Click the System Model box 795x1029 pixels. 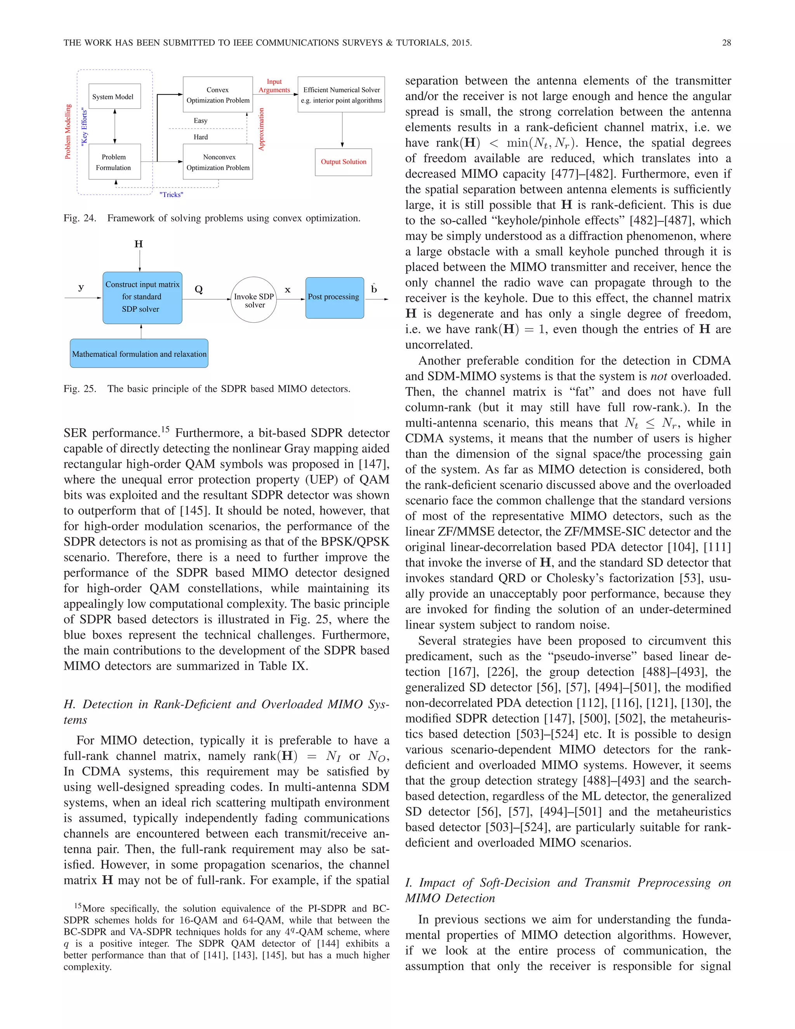pyautogui.click(x=115, y=97)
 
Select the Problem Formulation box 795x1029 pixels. pyautogui.click(x=115, y=162)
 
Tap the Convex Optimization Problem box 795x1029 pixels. pyautogui.click(x=218, y=95)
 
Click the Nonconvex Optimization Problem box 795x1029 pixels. pyautogui.click(x=218, y=162)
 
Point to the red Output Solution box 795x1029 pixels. pyautogui.click(x=343, y=162)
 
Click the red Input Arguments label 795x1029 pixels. pyautogui.click(x=274, y=86)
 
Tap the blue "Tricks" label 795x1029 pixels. pyautogui.click(x=172, y=195)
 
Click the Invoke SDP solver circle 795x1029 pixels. pyautogui.click(x=254, y=300)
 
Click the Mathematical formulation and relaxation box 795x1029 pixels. pyautogui.click(x=139, y=354)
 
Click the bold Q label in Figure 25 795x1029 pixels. pyautogui.click(x=199, y=289)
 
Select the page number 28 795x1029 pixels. pyautogui.click(x=726, y=43)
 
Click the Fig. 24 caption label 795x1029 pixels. pyautogui.click(x=80, y=218)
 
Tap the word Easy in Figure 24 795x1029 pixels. pyautogui.click(x=201, y=121)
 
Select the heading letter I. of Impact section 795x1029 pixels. pyautogui.click(x=408, y=883)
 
